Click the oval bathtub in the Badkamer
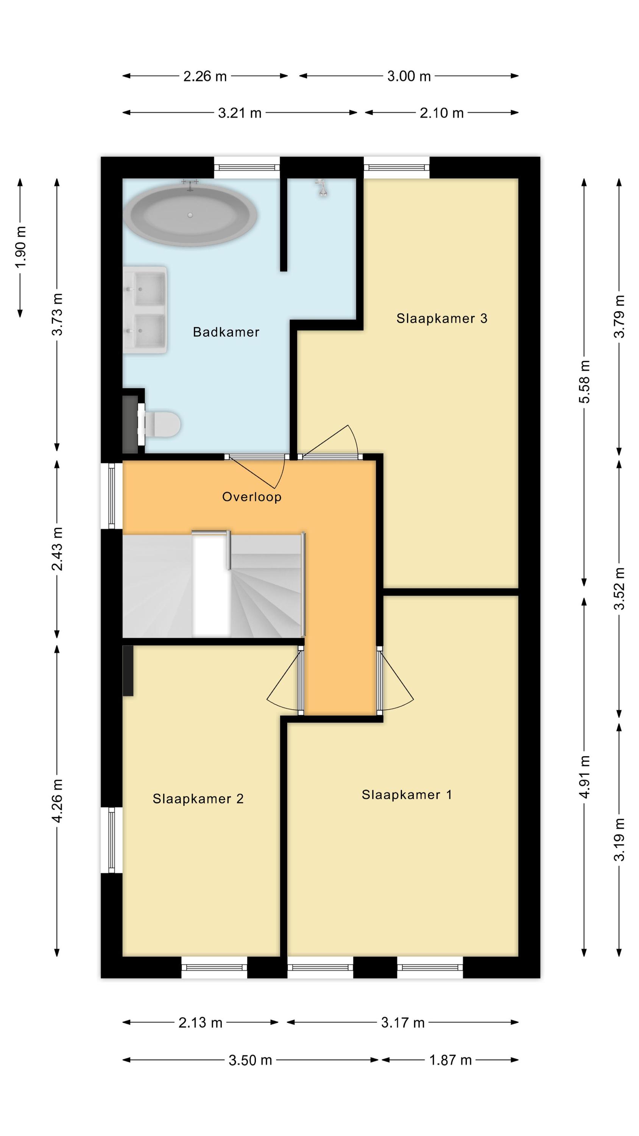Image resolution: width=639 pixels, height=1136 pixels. [x=190, y=215]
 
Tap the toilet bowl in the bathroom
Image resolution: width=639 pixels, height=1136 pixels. [x=163, y=424]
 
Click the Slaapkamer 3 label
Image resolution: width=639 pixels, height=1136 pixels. [x=441, y=318]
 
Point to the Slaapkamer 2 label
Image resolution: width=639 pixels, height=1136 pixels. [x=198, y=799]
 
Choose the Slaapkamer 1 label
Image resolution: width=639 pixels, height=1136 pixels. [x=407, y=795]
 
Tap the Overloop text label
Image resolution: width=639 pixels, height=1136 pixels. [x=251, y=497]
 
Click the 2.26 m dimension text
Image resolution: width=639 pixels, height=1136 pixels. [x=205, y=76]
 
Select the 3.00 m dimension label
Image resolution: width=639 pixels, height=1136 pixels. [x=409, y=76]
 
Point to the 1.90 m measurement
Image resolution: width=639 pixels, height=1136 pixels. [x=21, y=247]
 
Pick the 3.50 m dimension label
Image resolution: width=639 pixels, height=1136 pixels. [x=250, y=1060]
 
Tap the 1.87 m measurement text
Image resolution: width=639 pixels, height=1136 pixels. [x=450, y=1060]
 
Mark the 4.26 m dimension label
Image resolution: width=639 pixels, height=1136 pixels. [x=57, y=801]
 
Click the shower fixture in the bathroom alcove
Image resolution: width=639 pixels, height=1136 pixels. [x=322, y=187]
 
